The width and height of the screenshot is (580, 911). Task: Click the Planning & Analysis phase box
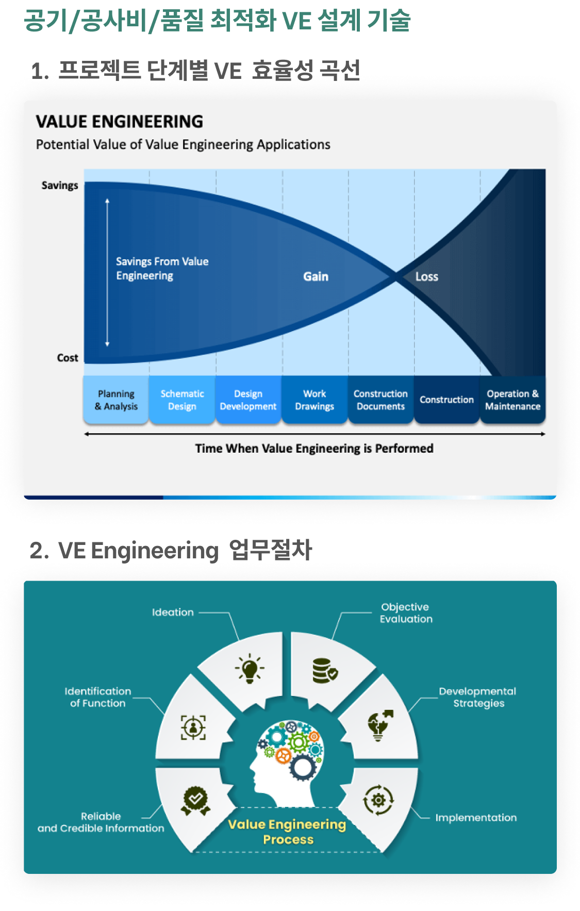[116, 400]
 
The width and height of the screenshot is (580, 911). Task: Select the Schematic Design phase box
[182, 400]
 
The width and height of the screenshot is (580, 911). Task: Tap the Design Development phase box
[248, 400]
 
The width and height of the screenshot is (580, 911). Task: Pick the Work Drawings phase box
[314, 400]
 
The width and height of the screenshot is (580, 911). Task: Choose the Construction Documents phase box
[380, 400]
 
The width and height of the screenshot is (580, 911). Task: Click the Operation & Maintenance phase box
[512, 400]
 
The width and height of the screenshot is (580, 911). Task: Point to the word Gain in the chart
[316, 277]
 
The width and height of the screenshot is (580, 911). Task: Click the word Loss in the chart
[427, 277]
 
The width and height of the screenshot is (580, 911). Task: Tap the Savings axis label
[60, 186]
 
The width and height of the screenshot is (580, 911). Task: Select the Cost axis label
[68, 358]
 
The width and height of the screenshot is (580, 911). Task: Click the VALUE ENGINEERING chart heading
[120, 122]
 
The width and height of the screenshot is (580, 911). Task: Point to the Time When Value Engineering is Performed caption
[314, 449]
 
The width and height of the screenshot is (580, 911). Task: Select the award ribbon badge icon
[195, 801]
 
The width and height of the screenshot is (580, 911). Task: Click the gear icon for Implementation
[378, 800]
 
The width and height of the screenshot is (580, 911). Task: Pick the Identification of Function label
[98, 697]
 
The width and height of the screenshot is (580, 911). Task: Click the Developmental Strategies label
[477, 697]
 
